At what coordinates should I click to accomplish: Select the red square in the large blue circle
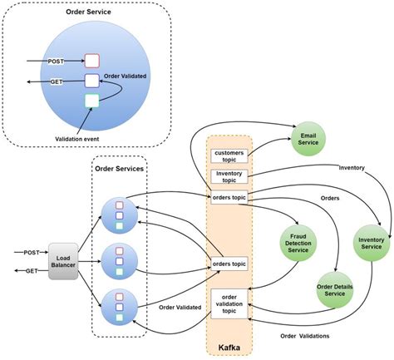[x=92, y=61]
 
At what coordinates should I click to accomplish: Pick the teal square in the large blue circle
[x=92, y=101]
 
